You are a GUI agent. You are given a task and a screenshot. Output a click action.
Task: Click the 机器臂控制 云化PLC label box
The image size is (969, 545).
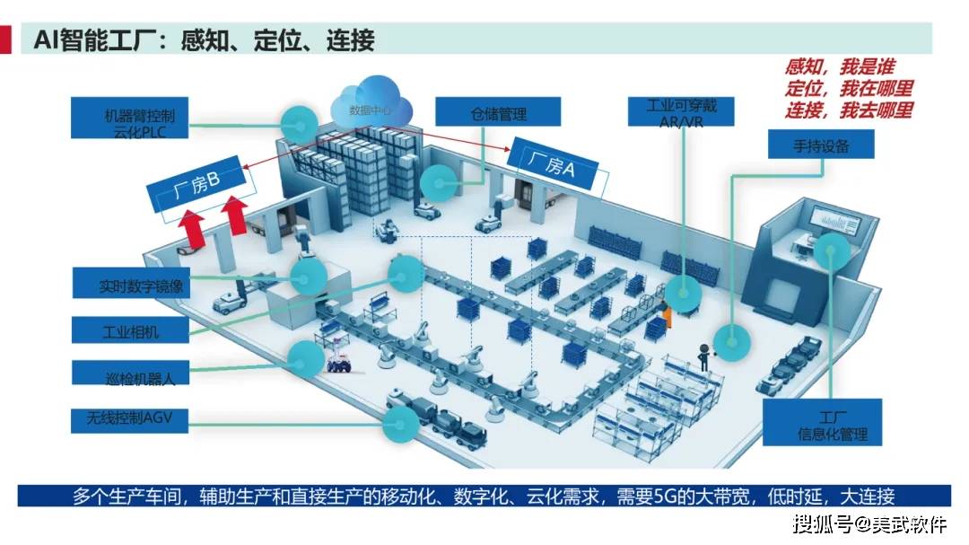(x=130, y=118)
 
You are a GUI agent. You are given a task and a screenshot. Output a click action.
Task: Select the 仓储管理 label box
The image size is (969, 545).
(x=498, y=112)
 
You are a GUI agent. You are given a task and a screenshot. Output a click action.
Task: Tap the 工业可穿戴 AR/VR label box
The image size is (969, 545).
(x=681, y=111)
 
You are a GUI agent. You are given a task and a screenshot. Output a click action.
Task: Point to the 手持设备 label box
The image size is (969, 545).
(x=821, y=145)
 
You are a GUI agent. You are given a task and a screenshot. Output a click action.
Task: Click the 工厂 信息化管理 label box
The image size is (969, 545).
(x=822, y=423)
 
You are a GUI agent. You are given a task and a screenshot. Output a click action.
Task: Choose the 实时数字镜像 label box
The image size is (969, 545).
(x=131, y=284)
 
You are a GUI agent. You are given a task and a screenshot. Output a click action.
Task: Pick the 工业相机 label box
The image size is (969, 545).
(x=130, y=330)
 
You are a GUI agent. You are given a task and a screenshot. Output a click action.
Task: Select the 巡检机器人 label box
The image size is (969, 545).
(x=130, y=373)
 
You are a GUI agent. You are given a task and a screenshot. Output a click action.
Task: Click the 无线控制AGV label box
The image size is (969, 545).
(x=130, y=420)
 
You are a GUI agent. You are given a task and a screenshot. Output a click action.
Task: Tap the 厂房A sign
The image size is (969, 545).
(x=553, y=164)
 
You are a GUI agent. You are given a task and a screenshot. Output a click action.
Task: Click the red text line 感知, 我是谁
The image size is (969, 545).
(x=839, y=66)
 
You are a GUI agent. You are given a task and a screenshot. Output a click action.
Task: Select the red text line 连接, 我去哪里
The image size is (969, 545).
(x=849, y=110)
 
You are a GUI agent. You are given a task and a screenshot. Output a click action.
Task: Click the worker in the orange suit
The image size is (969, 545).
(x=666, y=313)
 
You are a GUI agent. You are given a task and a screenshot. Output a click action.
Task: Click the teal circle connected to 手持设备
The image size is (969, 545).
(x=732, y=341)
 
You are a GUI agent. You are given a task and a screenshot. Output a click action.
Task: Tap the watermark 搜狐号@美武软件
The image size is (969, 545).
(x=870, y=524)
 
